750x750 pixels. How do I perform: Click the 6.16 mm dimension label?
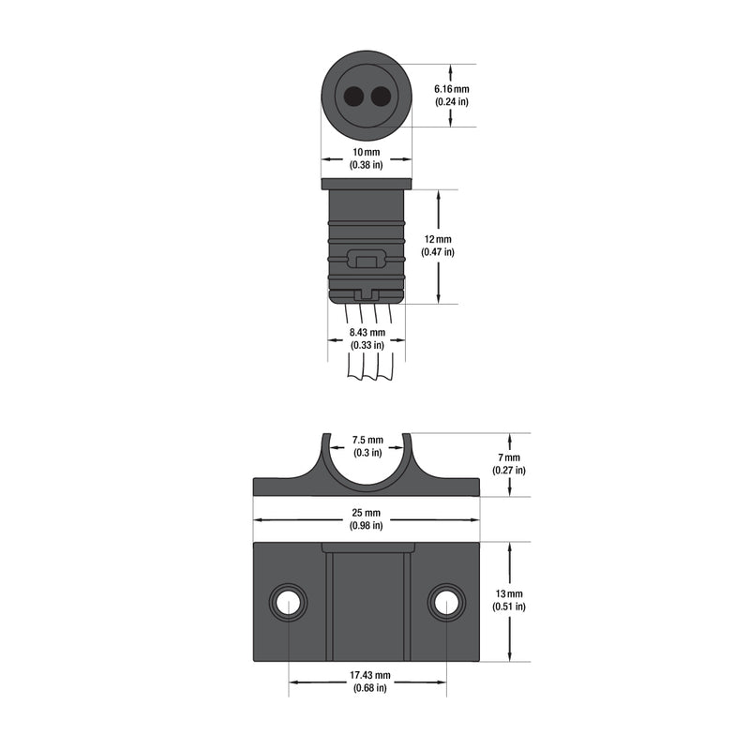[x=451, y=89]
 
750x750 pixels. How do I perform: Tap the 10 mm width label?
[x=366, y=152]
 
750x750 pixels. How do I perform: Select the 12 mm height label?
[x=438, y=240]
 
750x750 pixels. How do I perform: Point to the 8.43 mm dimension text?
[x=367, y=333]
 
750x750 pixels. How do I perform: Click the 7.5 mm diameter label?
[x=367, y=441]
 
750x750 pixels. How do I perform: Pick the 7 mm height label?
[x=511, y=457]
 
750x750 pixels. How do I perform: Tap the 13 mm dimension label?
[x=510, y=594]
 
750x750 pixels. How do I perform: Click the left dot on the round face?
[x=355, y=97]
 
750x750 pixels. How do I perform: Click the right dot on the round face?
[x=380, y=97]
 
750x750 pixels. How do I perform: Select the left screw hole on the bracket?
[x=288, y=602]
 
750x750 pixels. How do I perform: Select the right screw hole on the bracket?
[x=446, y=602]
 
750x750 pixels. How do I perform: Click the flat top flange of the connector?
[x=367, y=183]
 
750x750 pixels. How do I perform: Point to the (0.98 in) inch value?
[x=367, y=526]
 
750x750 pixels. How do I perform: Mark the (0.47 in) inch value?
[x=438, y=252]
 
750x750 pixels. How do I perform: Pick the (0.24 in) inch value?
[x=451, y=101]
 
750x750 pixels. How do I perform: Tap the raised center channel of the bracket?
[x=367, y=605]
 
